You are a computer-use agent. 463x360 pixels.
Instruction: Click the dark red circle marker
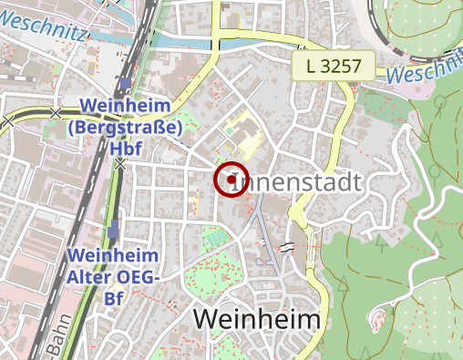click(x=231, y=180)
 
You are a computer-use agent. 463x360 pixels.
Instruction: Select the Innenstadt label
click(x=304, y=181)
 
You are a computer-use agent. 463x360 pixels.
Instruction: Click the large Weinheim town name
click(x=258, y=320)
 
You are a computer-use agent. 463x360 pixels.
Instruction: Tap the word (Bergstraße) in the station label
click(x=126, y=128)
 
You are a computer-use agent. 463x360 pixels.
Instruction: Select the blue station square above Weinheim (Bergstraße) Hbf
click(x=124, y=85)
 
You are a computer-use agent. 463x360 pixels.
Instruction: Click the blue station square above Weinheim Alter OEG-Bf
click(x=113, y=231)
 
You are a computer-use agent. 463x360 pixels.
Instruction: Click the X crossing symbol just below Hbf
click(x=120, y=163)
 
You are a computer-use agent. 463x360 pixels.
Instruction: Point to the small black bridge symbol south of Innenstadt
click(x=289, y=246)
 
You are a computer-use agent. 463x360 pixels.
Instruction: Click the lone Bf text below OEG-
click(x=113, y=297)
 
